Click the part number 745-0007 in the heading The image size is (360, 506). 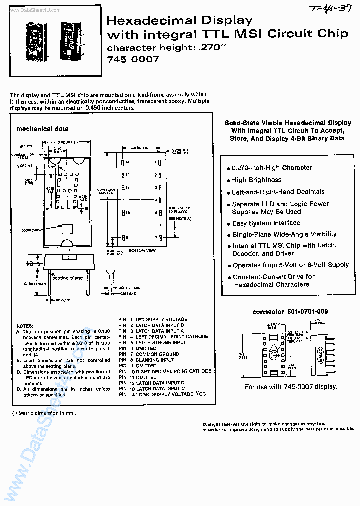point(133,59)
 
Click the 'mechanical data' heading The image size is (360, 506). point(43,129)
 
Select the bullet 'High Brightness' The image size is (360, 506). point(256,180)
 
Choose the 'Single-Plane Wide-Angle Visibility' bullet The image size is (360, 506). point(284,234)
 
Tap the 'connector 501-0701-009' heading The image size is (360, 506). point(290,312)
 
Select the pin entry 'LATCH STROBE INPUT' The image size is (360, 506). point(161,342)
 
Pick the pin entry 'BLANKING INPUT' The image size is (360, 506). point(155,360)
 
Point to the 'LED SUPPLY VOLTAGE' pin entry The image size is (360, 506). point(161,319)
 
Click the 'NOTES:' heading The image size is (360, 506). point(25,325)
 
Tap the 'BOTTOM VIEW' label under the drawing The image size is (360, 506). point(143,250)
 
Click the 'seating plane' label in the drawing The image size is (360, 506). point(67,277)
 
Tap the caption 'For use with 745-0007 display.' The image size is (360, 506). point(294,387)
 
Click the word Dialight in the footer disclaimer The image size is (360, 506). point(213,423)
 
